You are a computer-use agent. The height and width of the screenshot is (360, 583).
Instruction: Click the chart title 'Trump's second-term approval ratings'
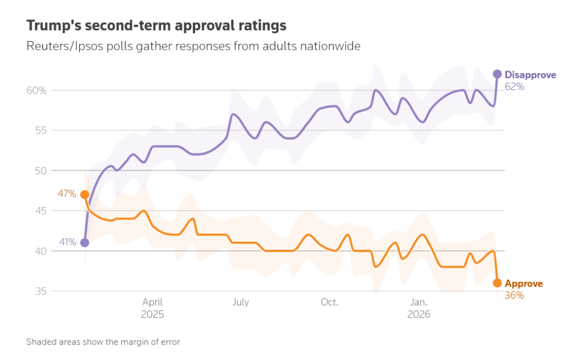coord(156,26)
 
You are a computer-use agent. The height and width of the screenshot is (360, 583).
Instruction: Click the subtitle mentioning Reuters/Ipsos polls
coord(193,46)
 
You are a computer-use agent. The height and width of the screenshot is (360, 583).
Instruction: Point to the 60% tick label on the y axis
coord(35,90)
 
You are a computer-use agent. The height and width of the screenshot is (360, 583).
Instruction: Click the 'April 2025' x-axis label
coord(152,308)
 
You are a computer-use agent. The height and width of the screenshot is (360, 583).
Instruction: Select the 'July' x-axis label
coord(241,302)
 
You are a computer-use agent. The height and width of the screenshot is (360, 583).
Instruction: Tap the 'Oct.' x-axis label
coord(329,302)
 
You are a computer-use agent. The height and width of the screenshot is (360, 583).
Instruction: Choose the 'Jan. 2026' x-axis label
coord(419,308)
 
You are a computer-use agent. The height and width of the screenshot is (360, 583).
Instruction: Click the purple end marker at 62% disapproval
coord(497,74)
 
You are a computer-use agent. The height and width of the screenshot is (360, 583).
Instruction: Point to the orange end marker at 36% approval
coord(497,283)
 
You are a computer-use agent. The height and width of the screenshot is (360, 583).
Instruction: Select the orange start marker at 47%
coord(84,195)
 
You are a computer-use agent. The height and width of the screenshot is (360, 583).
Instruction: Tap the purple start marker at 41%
coord(84,242)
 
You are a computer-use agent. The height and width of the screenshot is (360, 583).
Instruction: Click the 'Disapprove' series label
coord(530,75)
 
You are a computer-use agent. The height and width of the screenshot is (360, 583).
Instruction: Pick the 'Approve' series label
coord(524,284)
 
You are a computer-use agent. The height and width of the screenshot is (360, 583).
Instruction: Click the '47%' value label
coord(67,194)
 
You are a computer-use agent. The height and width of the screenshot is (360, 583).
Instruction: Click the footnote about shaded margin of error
coord(103,342)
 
